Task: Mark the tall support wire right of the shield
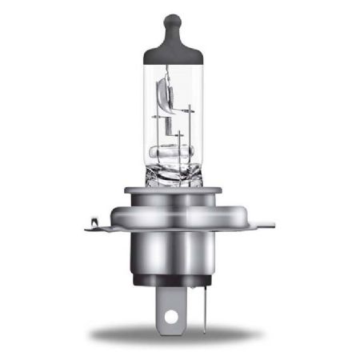pyautogui.click(x=193, y=120)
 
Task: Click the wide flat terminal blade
pyautogui.click(x=168, y=308)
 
